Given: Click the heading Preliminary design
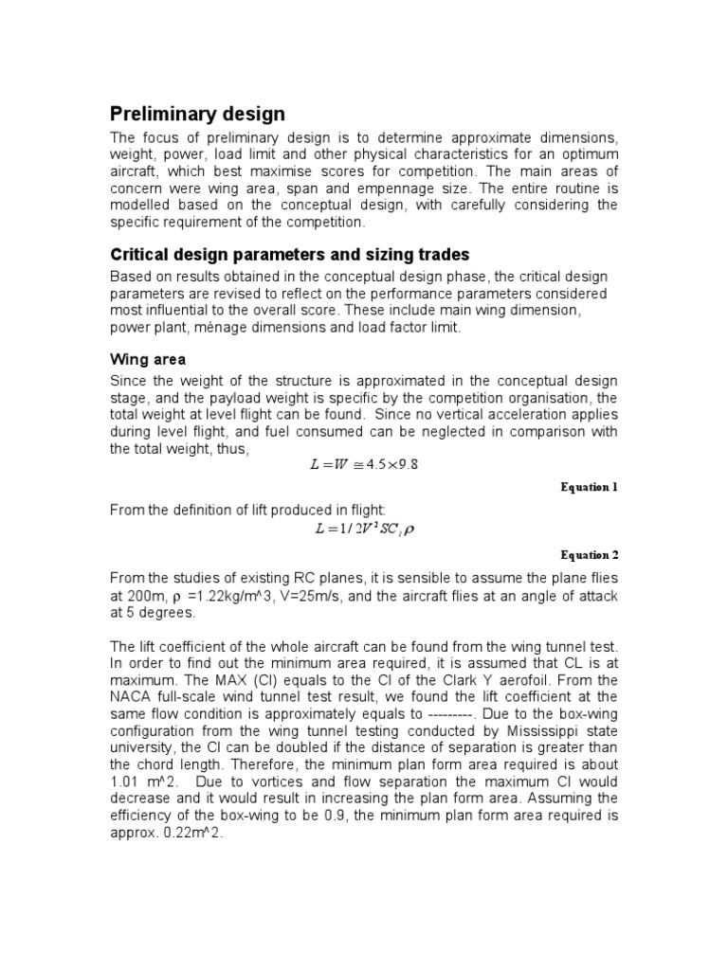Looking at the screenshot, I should click(197, 114).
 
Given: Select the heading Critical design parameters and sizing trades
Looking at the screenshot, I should click(290, 255).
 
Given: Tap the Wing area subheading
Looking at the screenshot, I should click(148, 360).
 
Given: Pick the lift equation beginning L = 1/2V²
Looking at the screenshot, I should click(364, 530).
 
